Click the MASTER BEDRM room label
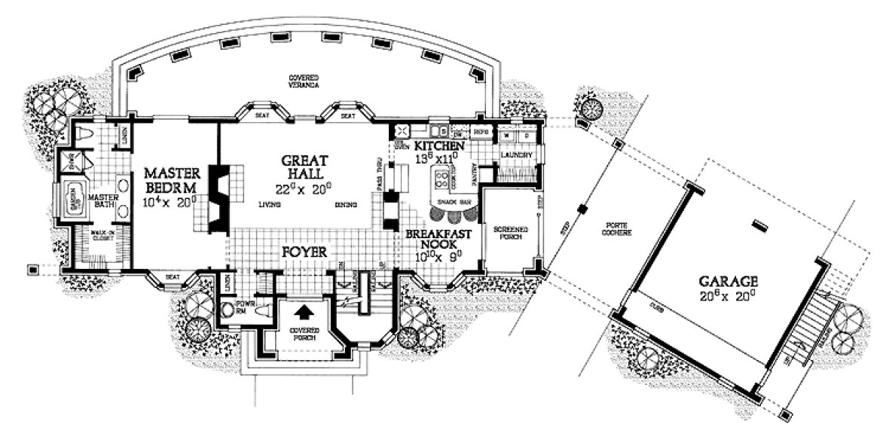tap(170, 180)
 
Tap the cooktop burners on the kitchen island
tap(442, 179)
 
